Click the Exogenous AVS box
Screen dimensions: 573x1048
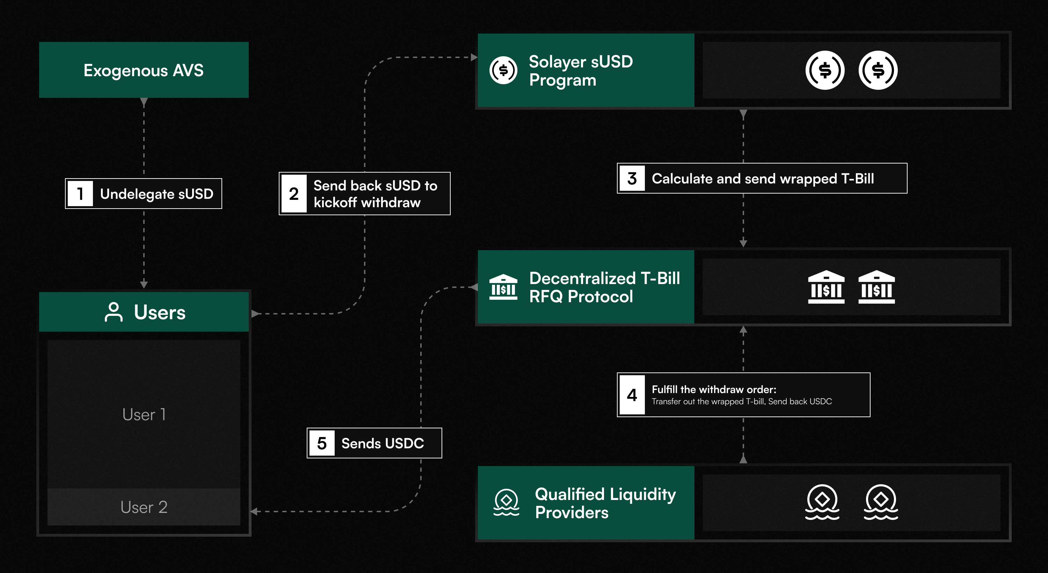coord(144,70)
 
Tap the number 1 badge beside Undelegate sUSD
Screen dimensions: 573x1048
coord(80,194)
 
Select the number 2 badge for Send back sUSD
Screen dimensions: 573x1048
coord(294,194)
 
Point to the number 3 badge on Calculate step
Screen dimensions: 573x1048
coord(632,178)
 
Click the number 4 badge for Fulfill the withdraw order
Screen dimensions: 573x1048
coord(632,395)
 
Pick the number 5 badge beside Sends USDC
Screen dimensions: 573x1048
coord(322,443)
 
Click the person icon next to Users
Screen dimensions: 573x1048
coord(114,312)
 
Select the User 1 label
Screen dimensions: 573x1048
coord(144,415)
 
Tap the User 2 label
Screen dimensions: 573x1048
coord(144,507)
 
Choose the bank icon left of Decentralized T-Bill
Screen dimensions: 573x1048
coord(503,287)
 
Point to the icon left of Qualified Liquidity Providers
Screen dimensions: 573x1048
coord(506,502)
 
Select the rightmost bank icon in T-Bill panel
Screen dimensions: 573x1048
coord(876,287)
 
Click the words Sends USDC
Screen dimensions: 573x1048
coord(383,443)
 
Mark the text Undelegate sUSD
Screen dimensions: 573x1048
coord(157,194)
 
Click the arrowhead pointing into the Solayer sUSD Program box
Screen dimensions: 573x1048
coord(474,57)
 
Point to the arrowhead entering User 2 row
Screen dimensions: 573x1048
coord(254,512)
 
